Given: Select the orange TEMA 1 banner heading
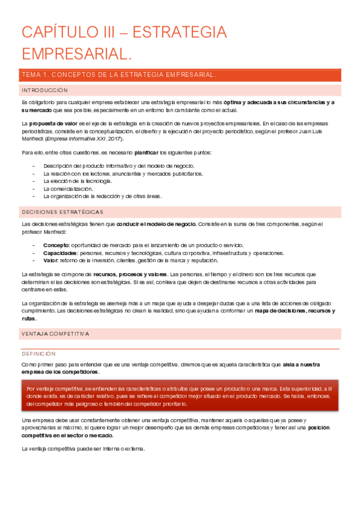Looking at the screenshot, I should coord(118,75).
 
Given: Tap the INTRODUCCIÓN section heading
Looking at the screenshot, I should coord(44,90).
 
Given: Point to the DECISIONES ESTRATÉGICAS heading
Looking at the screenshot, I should coord(62,212).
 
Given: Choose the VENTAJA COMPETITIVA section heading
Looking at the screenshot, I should coord(55,333).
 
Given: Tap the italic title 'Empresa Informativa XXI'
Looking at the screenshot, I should coord(88,138).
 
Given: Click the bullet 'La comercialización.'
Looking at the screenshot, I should coord(68,188).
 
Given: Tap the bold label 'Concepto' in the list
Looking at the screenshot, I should coord(56,245).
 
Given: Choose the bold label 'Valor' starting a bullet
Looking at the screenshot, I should coord(50,260).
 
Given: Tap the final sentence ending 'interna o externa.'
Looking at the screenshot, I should coord(83,449).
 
